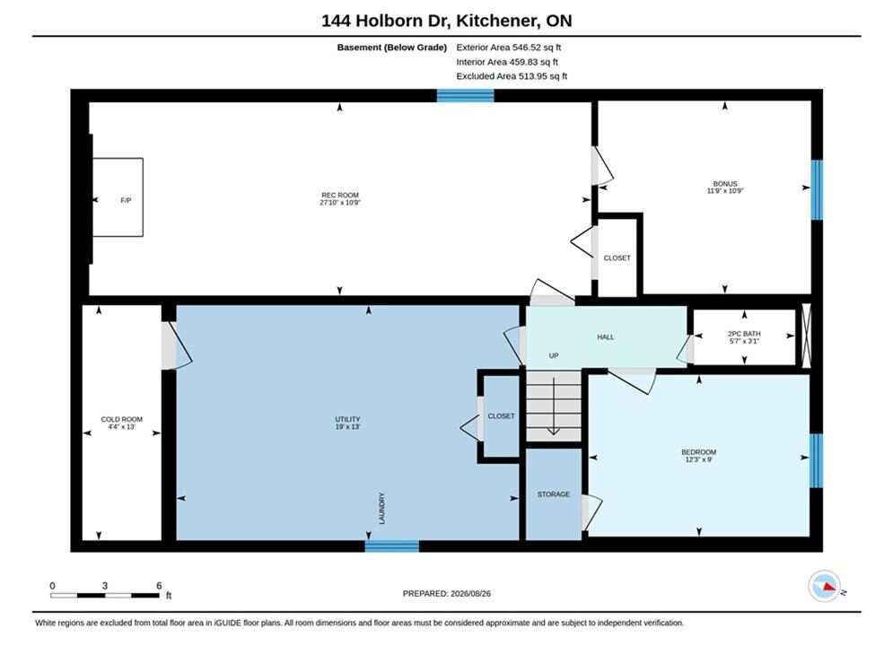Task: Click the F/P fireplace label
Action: click(126, 200)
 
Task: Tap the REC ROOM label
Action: click(340, 196)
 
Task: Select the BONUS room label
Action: click(725, 184)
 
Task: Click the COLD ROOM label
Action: click(122, 420)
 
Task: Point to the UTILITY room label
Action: click(347, 420)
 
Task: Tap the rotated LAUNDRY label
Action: click(382, 508)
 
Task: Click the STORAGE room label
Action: click(554, 494)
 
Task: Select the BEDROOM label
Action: click(699, 452)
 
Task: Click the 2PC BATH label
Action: click(744, 334)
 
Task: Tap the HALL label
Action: click(606, 337)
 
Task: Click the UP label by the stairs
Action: click(554, 355)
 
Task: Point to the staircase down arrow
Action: click(553, 406)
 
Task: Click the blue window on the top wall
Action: click(465, 96)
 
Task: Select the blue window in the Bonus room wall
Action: click(817, 189)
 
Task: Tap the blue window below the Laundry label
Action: click(392, 546)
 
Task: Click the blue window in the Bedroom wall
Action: click(816, 461)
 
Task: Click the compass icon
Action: click(824, 586)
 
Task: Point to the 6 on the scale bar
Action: click(159, 586)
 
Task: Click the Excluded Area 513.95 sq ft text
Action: click(512, 76)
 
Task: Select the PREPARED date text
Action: click(447, 594)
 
